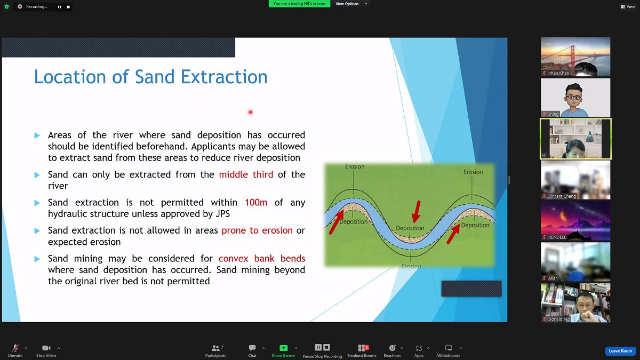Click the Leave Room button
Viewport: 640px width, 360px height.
620,351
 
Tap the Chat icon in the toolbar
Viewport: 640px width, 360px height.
252,348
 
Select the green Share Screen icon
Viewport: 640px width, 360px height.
283,348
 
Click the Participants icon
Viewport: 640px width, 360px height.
215,348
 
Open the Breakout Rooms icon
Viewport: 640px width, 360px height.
362,348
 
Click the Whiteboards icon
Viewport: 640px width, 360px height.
449,348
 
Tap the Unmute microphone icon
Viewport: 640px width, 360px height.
15,348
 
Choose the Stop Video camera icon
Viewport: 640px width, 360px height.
46,348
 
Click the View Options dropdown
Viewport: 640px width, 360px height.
351,4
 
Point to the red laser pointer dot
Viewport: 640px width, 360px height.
250,112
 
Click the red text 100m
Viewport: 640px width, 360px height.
256,202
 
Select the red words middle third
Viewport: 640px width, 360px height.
246,174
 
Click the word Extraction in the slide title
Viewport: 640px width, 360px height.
224,77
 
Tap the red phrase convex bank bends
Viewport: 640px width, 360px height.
262,258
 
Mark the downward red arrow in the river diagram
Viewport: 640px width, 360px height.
417,211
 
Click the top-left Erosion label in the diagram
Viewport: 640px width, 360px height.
355,166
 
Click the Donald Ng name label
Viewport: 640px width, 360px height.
558,319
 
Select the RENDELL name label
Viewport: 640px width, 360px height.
557,237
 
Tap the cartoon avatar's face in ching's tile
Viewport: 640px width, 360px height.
573,97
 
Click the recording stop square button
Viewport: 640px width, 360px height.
68,7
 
